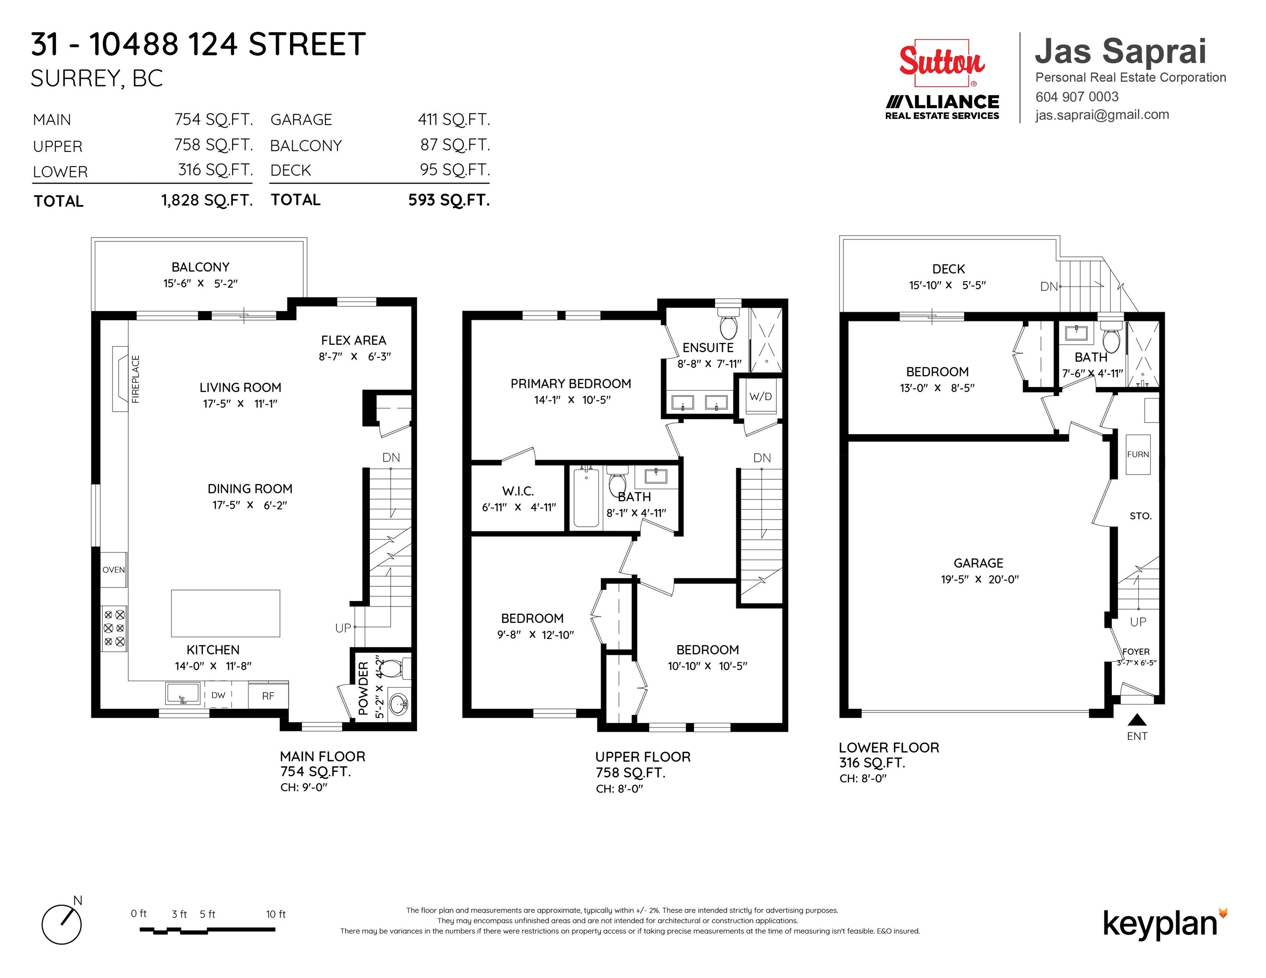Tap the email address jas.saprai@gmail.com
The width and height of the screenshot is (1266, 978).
coord(1102,115)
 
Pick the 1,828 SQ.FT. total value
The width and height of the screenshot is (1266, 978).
coord(207,200)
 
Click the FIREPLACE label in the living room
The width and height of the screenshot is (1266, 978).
coord(135,379)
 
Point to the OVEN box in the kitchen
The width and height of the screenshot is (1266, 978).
coord(114,570)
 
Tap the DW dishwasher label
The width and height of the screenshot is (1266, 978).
coord(219,695)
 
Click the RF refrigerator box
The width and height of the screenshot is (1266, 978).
coord(268,695)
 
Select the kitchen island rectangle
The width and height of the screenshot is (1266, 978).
coord(226,613)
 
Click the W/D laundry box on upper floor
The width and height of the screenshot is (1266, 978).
coord(761,396)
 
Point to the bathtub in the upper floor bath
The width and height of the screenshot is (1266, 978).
coord(586,497)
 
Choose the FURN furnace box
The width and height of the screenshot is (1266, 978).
coord(1138,454)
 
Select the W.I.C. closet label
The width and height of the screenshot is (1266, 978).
coord(518,491)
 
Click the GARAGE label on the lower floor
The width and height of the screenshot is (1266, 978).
coord(978,563)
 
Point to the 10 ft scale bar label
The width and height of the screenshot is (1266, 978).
coord(276,914)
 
